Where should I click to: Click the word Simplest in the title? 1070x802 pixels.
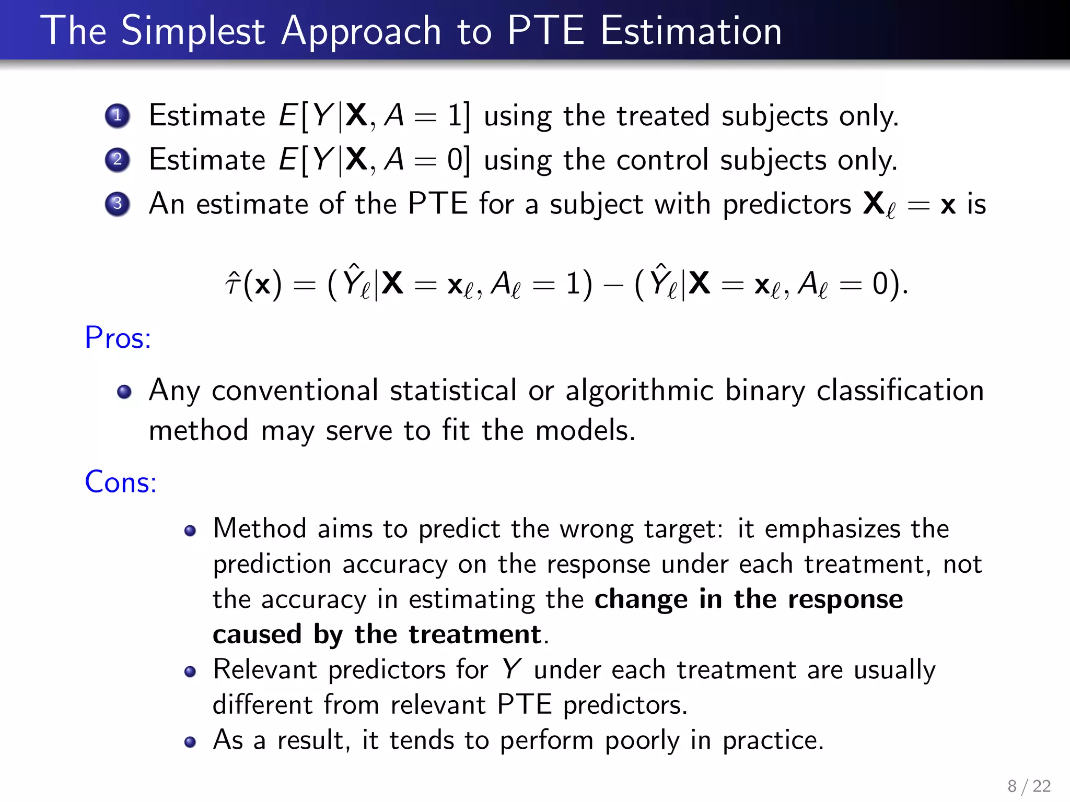(193, 31)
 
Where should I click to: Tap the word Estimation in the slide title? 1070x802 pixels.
(691, 31)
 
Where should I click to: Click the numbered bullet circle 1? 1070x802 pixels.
(117, 115)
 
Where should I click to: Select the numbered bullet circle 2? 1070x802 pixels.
(117, 159)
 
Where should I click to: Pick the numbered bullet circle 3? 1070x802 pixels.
(117, 203)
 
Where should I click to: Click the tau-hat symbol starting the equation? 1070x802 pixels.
(232, 285)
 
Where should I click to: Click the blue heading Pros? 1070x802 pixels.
(118, 338)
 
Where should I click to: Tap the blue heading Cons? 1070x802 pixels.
(121, 482)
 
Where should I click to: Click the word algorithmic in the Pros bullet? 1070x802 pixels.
(639, 391)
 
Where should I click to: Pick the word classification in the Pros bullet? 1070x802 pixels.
(900, 391)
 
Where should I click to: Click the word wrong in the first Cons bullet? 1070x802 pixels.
(596, 528)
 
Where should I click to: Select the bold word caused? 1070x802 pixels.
(257, 634)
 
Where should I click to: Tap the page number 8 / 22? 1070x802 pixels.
(1029, 786)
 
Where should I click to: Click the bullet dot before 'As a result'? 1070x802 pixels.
(190, 742)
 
